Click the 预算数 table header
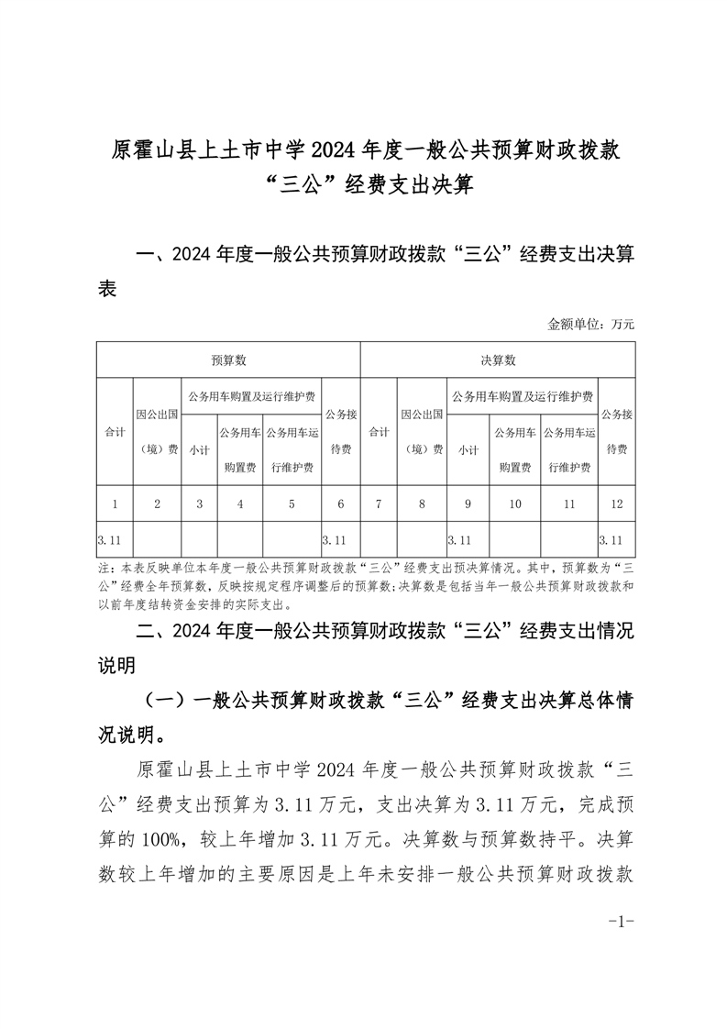click(x=228, y=360)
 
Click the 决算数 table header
click(x=498, y=360)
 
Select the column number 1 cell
click(x=115, y=503)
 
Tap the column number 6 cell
click(x=341, y=503)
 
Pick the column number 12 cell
click(x=616, y=503)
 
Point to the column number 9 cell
click(x=468, y=503)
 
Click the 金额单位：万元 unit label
click(x=590, y=324)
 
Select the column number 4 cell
click(x=240, y=503)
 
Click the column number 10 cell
click(x=514, y=503)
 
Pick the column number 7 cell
click(x=379, y=503)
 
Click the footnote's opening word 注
click(x=103, y=569)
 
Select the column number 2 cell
click(x=158, y=503)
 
